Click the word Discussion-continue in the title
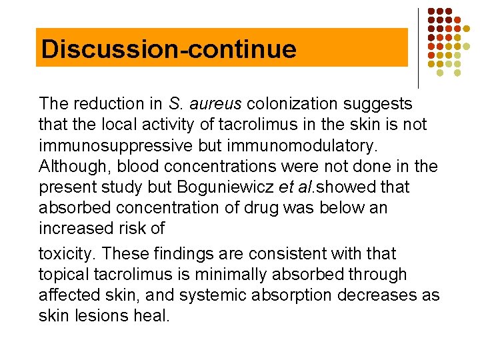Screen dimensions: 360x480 (168, 49)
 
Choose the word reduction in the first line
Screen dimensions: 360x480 (107, 104)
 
